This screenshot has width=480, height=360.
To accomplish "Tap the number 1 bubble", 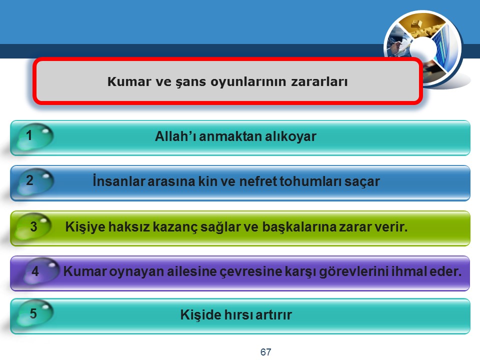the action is [x=35, y=136].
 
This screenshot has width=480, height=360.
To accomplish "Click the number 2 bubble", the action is [x=35, y=181].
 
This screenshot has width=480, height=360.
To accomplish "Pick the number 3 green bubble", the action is [x=33, y=226].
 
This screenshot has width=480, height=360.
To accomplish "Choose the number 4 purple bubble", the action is [x=40, y=270].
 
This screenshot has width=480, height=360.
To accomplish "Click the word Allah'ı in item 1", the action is [x=175, y=136].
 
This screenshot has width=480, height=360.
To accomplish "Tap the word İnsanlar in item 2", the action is [x=119, y=181].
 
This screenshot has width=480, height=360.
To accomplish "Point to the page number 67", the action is [x=265, y=352].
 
